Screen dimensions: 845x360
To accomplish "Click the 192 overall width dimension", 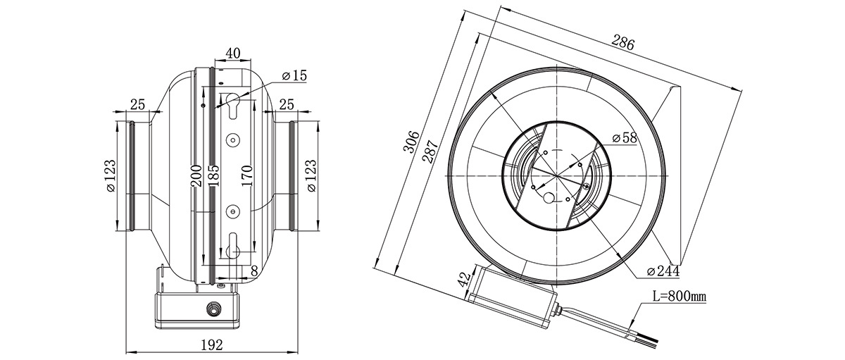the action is (x=212, y=345).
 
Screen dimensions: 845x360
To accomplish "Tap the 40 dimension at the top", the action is (x=233, y=54).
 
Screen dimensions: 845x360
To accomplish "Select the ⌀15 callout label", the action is (x=294, y=75).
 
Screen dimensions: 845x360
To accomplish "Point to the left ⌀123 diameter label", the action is (x=111, y=176).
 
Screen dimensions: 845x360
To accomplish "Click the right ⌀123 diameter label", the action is (x=311, y=176).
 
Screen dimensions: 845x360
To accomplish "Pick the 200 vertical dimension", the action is (x=196, y=176).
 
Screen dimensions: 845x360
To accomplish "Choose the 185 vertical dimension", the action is (x=213, y=176).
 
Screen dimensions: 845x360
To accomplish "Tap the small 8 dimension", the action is (x=254, y=271).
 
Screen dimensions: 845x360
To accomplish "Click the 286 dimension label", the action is (x=622, y=42).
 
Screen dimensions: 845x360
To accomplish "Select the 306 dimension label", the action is (x=411, y=142).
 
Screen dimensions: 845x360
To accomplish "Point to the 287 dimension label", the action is (x=430, y=151).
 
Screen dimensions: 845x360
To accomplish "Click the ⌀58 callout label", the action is (x=625, y=138).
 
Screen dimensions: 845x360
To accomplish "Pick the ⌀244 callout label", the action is (x=663, y=271).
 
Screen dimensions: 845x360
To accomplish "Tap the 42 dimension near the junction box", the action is (x=465, y=278).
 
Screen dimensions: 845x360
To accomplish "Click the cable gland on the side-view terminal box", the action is (x=213, y=309).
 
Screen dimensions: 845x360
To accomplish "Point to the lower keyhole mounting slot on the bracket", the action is (x=233, y=246).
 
